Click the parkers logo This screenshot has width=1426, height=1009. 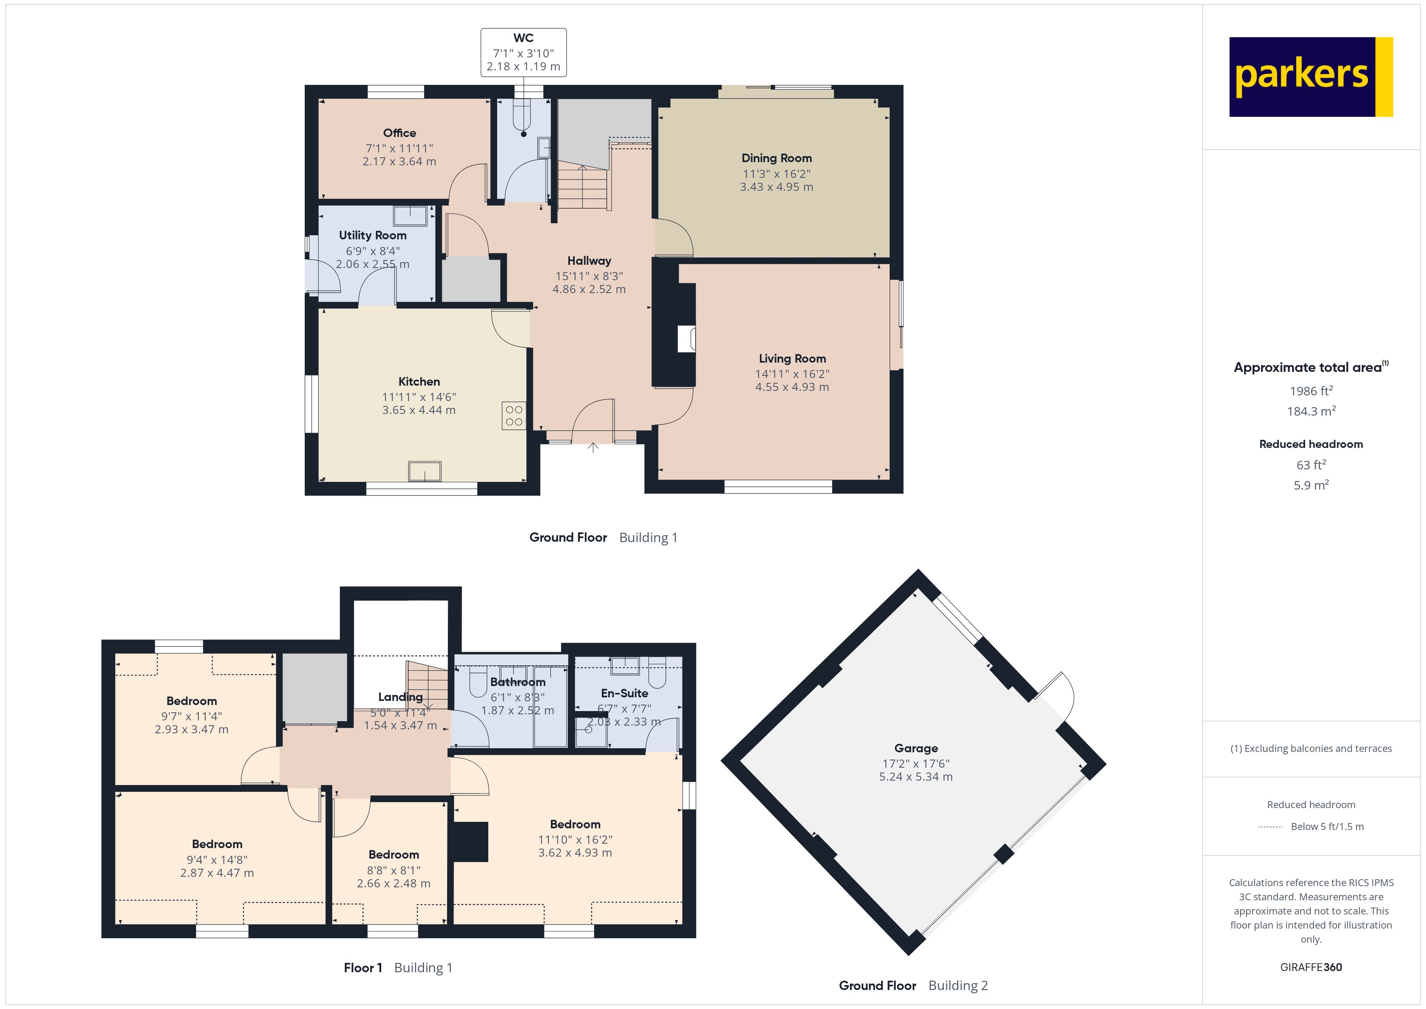[1310, 76]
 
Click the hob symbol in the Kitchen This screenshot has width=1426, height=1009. [514, 416]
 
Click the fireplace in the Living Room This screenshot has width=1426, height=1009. [686, 339]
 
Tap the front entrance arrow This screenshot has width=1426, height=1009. [593, 448]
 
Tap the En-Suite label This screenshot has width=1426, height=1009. [624, 693]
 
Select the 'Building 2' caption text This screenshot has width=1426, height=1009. [958, 986]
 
